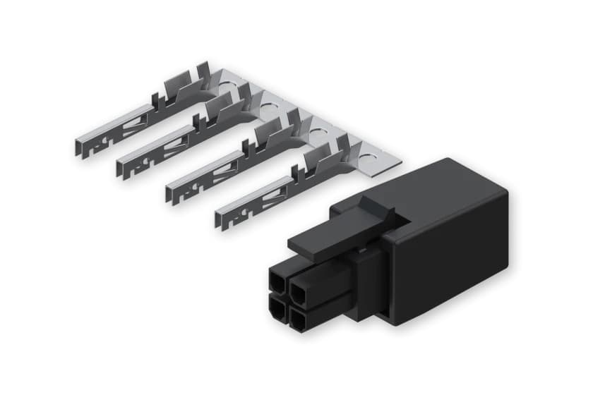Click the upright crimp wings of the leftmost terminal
176,89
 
